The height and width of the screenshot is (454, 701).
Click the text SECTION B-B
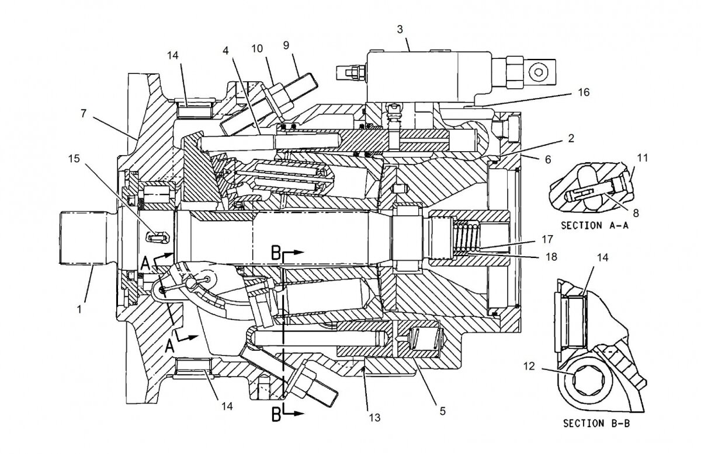[596, 424]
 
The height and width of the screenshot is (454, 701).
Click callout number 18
[551, 256]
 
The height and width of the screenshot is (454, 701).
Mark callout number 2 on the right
[571, 138]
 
